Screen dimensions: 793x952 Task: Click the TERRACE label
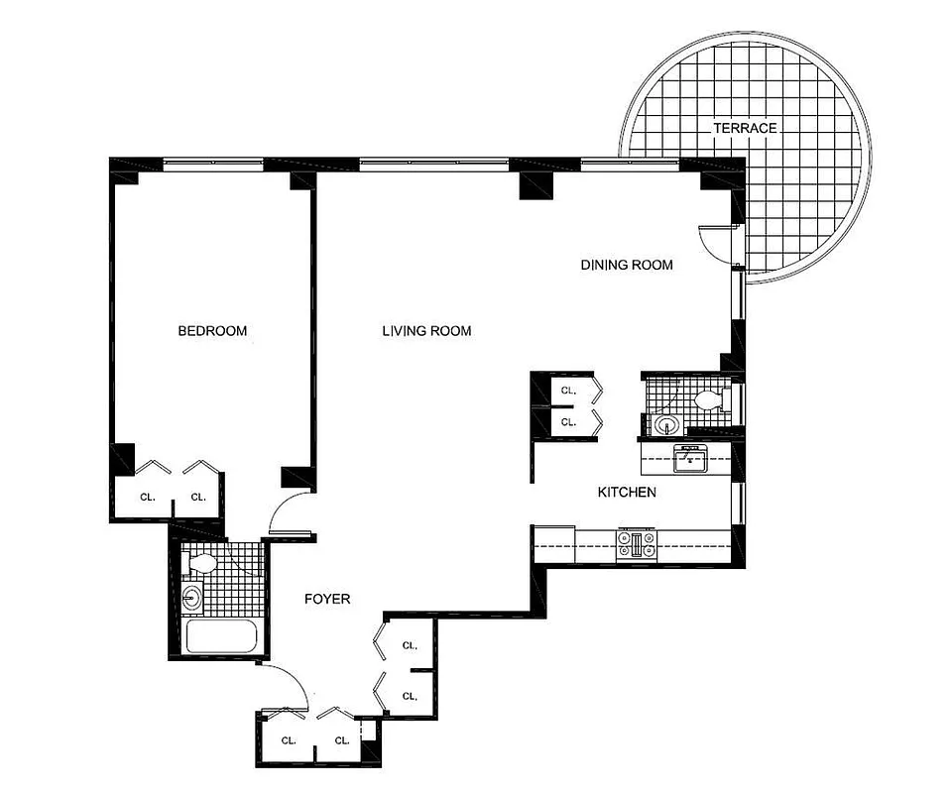[744, 128]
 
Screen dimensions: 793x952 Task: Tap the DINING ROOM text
[627, 265]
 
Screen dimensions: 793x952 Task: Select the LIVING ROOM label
[426, 331]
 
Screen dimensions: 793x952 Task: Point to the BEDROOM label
[212, 331]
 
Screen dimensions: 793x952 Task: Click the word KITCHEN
[626, 492]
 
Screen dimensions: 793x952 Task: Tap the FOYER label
[326, 599]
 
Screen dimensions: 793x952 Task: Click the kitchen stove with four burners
[637, 544]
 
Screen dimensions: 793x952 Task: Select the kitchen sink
[691, 458]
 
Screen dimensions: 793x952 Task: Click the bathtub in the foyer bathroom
[221, 635]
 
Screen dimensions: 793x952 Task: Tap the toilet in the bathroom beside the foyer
[202, 564]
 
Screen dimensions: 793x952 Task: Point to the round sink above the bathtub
[193, 598]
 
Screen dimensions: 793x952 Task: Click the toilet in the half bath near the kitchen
[708, 400]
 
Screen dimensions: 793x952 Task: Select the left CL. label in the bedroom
[146, 498]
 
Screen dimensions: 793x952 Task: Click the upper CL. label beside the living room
[568, 390]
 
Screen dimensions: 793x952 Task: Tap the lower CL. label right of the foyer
[410, 696]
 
